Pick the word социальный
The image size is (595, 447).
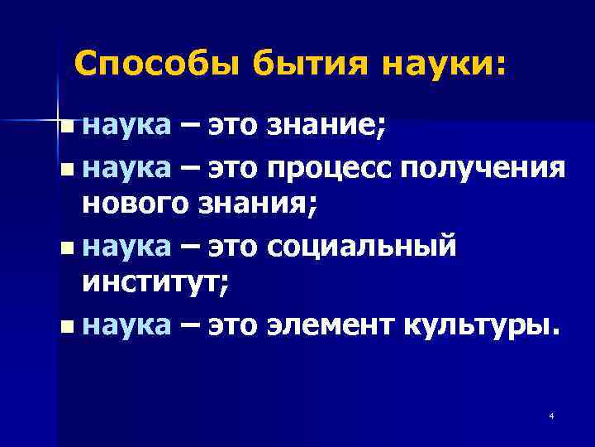[x=360, y=246]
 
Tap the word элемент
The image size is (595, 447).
[x=333, y=327]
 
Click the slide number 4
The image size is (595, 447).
[x=550, y=416]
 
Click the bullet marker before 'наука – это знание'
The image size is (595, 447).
[x=66, y=127]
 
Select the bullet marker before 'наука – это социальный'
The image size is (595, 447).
[x=66, y=247]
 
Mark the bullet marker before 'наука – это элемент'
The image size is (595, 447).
[x=66, y=328]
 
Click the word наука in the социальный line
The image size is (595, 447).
[x=126, y=246]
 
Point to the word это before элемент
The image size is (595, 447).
[x=234, y=327]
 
